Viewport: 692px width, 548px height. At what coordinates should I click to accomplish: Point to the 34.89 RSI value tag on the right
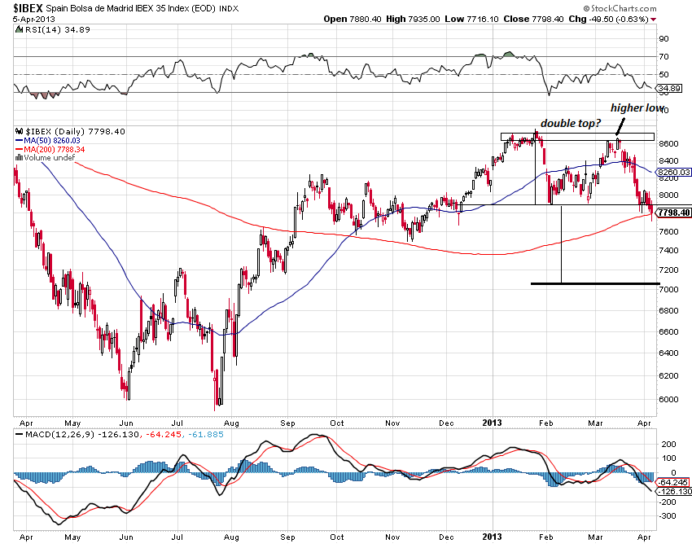[x=673, y=86]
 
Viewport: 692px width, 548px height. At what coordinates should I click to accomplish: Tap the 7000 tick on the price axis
[x=669, y=290]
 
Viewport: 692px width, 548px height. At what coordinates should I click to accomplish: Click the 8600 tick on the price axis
[x=669, y=143]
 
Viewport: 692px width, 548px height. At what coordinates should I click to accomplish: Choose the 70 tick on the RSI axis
[x=664, y=56]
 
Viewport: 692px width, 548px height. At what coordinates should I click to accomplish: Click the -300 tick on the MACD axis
[x=668, y=515]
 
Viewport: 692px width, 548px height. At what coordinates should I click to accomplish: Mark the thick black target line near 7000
[x=594, y=283]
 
